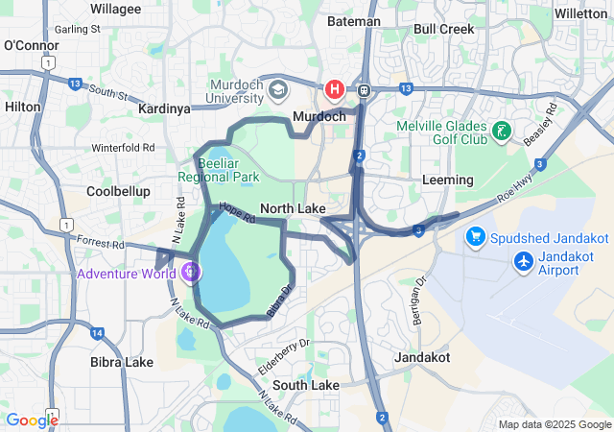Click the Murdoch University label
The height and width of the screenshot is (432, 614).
pos(236,90)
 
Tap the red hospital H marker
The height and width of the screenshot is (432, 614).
pos(335,89)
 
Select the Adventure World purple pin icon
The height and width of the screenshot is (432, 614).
pos(192,273)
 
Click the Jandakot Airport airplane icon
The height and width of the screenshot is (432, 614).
pos(524,260)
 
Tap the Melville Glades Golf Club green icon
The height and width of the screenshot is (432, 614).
pos(500,131)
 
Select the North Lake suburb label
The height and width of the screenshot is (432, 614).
pos(293,208)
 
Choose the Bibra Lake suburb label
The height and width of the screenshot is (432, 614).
pos(122,362)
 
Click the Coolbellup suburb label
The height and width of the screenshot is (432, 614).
pos(118,191)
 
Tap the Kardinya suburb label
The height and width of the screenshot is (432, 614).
pos(164,108)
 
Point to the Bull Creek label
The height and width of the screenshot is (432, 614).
pos(443,29)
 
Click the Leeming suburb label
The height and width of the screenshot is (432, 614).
pos(447,180)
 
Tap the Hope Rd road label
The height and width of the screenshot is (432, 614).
pos(236,212)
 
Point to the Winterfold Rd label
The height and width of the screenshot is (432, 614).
pos(123,148)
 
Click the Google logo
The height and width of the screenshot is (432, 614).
pos(32,420)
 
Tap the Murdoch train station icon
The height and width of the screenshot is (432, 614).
pos(365,89)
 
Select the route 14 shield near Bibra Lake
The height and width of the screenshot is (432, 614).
pos(97,332)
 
